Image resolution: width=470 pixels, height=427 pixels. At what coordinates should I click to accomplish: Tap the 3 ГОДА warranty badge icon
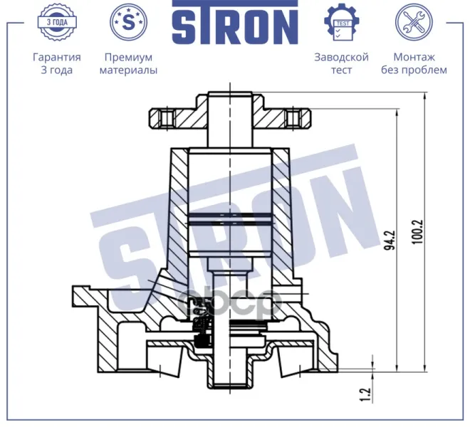[x=57, y=22]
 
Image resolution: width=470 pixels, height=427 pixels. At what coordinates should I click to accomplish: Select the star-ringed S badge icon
[x=128, y=22]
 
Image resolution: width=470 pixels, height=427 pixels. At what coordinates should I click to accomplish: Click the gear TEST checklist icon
[x=341, y=22]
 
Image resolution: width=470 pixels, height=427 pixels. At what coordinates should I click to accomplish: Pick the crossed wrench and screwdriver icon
[x=414, y=22]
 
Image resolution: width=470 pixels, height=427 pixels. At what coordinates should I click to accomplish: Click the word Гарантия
[x=57, y=57]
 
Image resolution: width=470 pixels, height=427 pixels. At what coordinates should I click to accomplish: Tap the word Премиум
[x=128, y=57]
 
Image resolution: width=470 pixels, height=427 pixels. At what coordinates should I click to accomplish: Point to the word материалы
[x=128, y=70]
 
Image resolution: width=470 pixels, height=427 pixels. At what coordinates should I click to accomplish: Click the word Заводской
[x=341, y=57]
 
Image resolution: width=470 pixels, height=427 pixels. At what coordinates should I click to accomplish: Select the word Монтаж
[x=414, y=57]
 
